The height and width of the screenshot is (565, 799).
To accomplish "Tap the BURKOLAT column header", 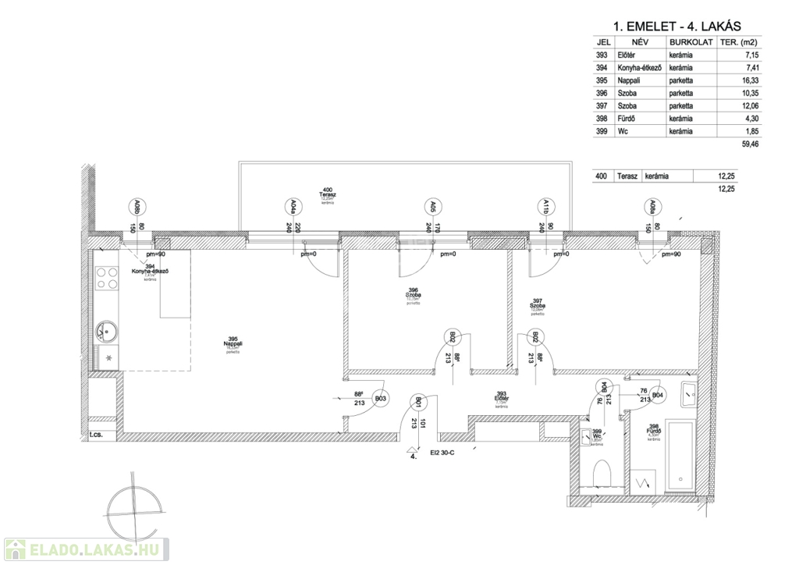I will point(691,42).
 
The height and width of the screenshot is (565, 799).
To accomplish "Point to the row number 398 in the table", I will point(601,118).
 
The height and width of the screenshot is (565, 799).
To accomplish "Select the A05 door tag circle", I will point(432,207).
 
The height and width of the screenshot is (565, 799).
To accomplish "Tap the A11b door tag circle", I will point(547,207).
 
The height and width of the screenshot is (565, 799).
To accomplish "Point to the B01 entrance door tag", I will point(420,403).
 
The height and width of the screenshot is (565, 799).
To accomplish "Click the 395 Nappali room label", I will point(233,343).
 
